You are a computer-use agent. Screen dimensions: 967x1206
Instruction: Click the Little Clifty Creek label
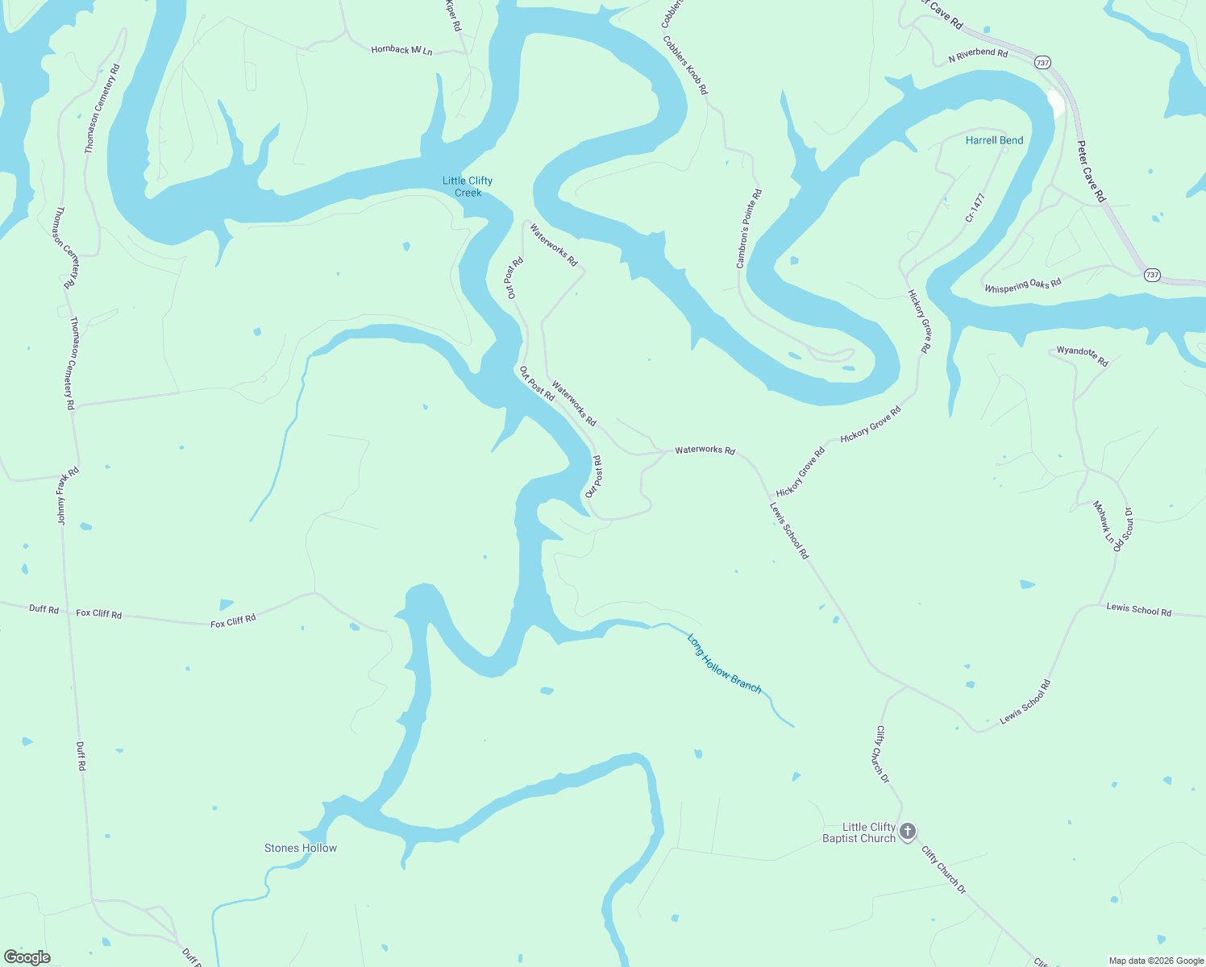click(468, 186)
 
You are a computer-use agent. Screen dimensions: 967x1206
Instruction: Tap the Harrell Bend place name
click(994, 140)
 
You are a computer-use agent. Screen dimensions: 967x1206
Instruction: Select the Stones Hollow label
click(301, 848)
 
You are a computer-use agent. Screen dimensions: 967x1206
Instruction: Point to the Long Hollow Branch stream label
click(724, 663)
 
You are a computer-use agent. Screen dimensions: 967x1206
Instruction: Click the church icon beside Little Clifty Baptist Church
click(908, 832)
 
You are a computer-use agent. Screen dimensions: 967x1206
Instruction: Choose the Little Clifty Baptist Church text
click(859, 832)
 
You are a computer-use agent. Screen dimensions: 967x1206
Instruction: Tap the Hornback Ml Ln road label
click(401, 50)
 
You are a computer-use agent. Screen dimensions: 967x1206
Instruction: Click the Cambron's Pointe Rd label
click(749, 229)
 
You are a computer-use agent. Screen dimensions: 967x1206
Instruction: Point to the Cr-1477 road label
click(975, 207)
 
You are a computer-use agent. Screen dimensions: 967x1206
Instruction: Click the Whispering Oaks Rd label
click(1022, 285)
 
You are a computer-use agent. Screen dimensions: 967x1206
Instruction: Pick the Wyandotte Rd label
click(1083, 355)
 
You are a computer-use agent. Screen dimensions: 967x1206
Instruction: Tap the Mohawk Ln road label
click(1104, 521)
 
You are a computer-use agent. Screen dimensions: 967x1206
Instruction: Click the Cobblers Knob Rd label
click(685, 65)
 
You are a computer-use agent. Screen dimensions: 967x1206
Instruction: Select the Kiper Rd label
click(453, 15)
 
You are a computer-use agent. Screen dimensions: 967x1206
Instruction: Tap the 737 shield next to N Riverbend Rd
click(1042, 62)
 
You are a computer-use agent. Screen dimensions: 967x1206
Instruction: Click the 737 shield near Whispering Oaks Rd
click(1152, 275)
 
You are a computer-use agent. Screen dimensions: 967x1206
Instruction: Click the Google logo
click(27, 957)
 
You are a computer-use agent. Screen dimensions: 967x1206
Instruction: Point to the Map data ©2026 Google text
click(1156, 961)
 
